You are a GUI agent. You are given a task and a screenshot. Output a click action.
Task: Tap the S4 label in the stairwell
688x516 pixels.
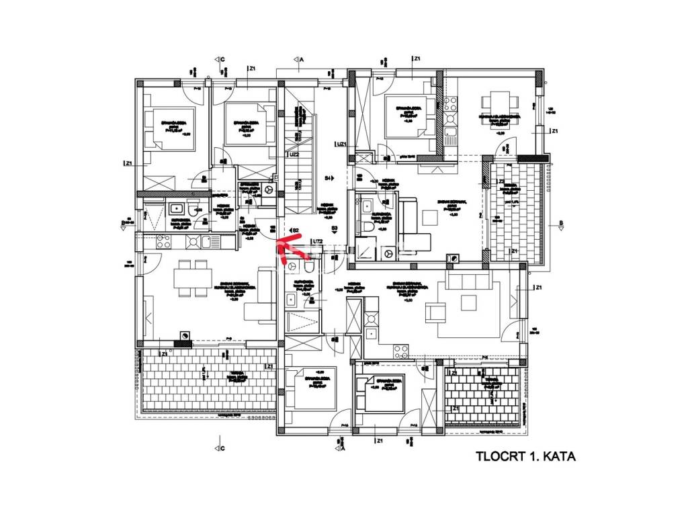click(329, 178)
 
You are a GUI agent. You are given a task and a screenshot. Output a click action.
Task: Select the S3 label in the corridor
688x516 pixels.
click(334, 229)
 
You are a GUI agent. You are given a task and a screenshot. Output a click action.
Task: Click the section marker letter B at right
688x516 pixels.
click(560, 223)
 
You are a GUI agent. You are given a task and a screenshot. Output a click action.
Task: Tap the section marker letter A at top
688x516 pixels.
click(302, 60)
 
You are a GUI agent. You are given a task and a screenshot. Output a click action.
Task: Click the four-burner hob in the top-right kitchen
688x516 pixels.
click(449, 105)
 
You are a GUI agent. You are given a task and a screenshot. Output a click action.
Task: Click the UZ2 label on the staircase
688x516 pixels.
click(293, 155)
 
